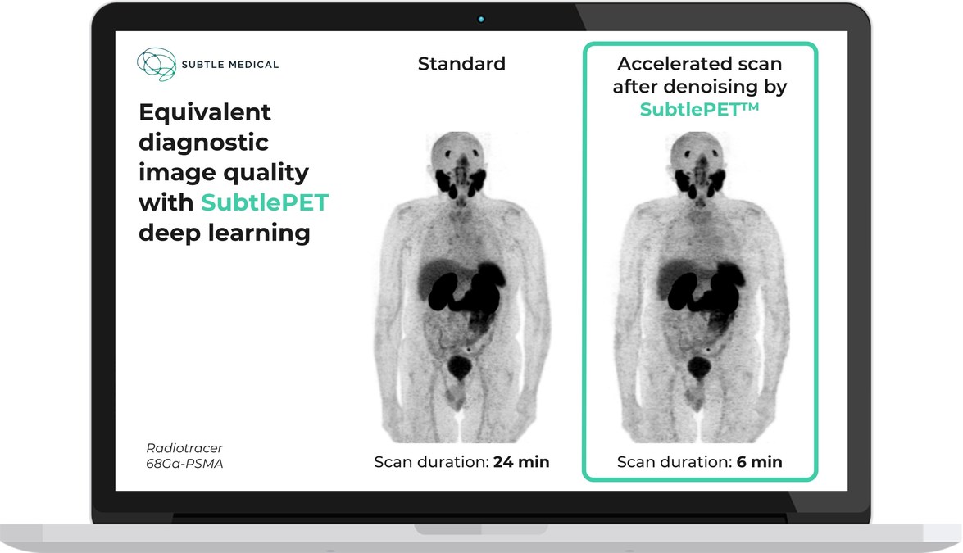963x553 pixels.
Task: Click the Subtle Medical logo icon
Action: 157,64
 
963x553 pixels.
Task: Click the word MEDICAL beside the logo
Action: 253,65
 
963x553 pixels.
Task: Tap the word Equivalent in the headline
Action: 205,113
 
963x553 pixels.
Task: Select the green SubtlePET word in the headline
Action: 265,202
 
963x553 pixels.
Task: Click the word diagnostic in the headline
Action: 203,143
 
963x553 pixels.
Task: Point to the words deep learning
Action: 225,233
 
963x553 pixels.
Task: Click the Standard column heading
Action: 461,64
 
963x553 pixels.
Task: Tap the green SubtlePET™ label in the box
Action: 699,109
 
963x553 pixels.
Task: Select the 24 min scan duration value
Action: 521,461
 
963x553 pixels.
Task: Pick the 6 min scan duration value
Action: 759,461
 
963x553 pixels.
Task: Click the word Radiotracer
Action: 184,448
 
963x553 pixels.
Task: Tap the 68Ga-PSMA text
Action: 184,464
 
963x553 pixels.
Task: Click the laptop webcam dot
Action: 481,20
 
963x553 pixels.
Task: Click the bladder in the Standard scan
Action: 460,367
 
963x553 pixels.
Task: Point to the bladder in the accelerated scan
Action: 698,367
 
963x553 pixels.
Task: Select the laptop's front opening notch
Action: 481,529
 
